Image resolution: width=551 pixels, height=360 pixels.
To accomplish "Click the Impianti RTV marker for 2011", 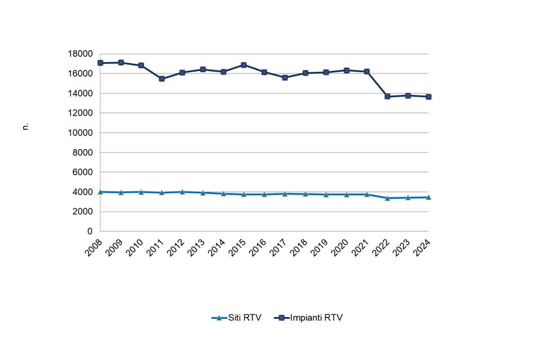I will pyautogui.click(x=161, y=78).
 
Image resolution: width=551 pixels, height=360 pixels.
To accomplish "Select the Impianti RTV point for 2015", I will pyautogui.click(x=244, y=65).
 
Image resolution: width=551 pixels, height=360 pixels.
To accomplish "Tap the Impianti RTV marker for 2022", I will pyautogui.click(x=387, y=96).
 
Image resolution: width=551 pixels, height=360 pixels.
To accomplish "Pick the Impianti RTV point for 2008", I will pyautogui.click(x=100, y=63).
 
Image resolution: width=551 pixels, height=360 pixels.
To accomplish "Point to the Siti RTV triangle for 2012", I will pyautogui.click(x=182, y=192).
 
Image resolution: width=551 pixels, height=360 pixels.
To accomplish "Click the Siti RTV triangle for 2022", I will pyautogui.click(x=387, y=198).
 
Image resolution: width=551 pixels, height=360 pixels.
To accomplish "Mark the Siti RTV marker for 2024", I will pyautogui.click(x=428, y=197).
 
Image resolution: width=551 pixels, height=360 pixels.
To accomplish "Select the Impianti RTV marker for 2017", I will pyautogui.click(x=285, y=77).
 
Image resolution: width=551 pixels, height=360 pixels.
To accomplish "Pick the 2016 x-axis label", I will pyautogui.click(x=257, y=245).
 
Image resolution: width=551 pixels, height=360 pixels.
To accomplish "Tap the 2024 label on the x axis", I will pyautogui.click(x=421, y=245).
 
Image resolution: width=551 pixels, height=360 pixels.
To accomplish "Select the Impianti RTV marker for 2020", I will pyautogui.click(x=347, y=71).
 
